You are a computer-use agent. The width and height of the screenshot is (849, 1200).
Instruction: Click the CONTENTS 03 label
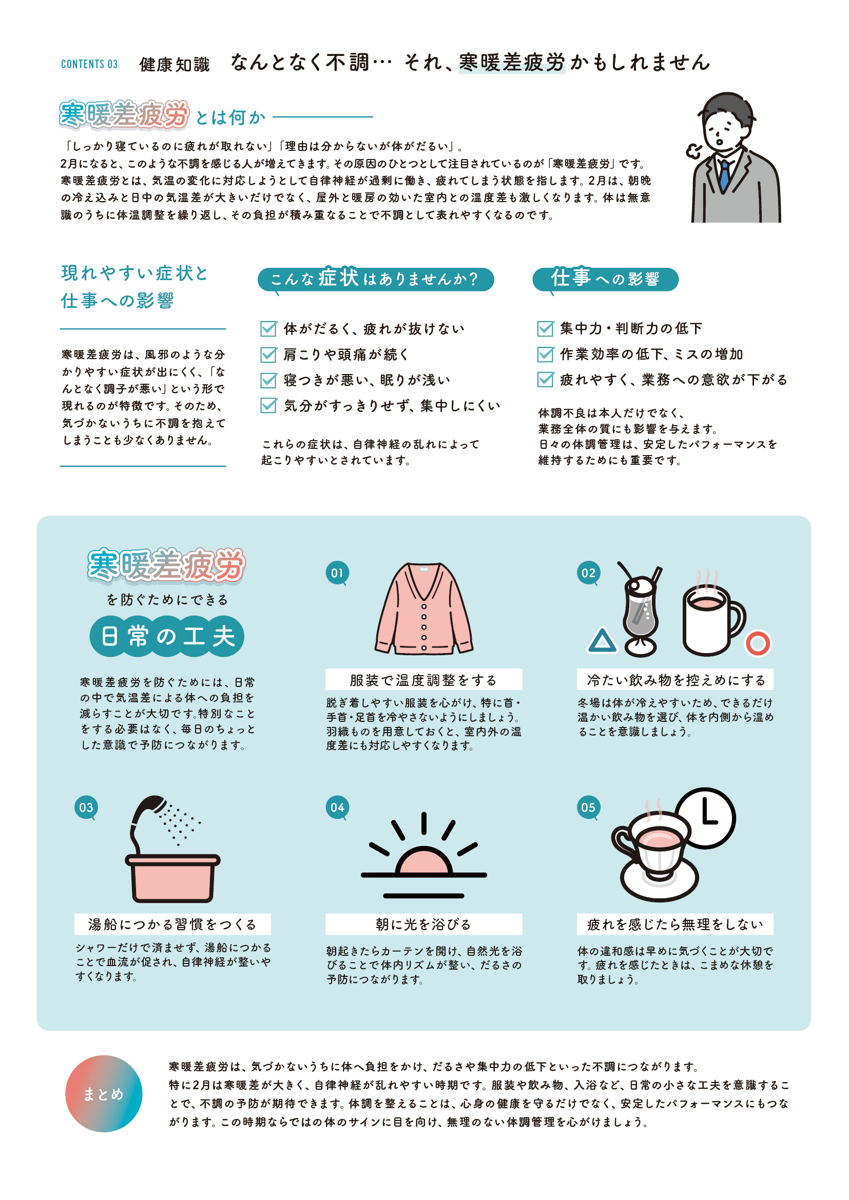(89, 64)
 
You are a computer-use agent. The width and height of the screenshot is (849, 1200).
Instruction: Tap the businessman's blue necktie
(724, 174)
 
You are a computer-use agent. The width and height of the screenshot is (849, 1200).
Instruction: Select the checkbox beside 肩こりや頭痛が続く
(268, 355)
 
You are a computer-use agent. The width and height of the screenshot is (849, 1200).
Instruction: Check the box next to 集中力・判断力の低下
(545, 328)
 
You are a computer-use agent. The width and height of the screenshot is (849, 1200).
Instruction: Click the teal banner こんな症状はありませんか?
(375, 279)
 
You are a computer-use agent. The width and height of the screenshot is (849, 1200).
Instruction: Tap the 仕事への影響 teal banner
(605, 279)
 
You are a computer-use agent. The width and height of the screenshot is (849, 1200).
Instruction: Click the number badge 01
(337, 573)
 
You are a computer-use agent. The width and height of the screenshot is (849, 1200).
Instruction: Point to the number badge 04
(337, 808)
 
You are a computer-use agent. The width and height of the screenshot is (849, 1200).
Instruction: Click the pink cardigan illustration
(423, 609)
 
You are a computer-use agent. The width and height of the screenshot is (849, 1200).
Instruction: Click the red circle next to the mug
(758, 643)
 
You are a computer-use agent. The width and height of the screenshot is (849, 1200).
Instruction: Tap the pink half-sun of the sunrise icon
(423, 861)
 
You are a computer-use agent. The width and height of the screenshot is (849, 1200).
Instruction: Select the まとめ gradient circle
(104, 1093)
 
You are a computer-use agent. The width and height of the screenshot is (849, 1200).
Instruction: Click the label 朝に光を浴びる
(423, 924)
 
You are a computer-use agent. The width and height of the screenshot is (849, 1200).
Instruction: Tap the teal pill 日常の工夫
(167, 636)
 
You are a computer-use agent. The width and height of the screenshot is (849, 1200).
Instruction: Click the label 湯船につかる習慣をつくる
(172, 924)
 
